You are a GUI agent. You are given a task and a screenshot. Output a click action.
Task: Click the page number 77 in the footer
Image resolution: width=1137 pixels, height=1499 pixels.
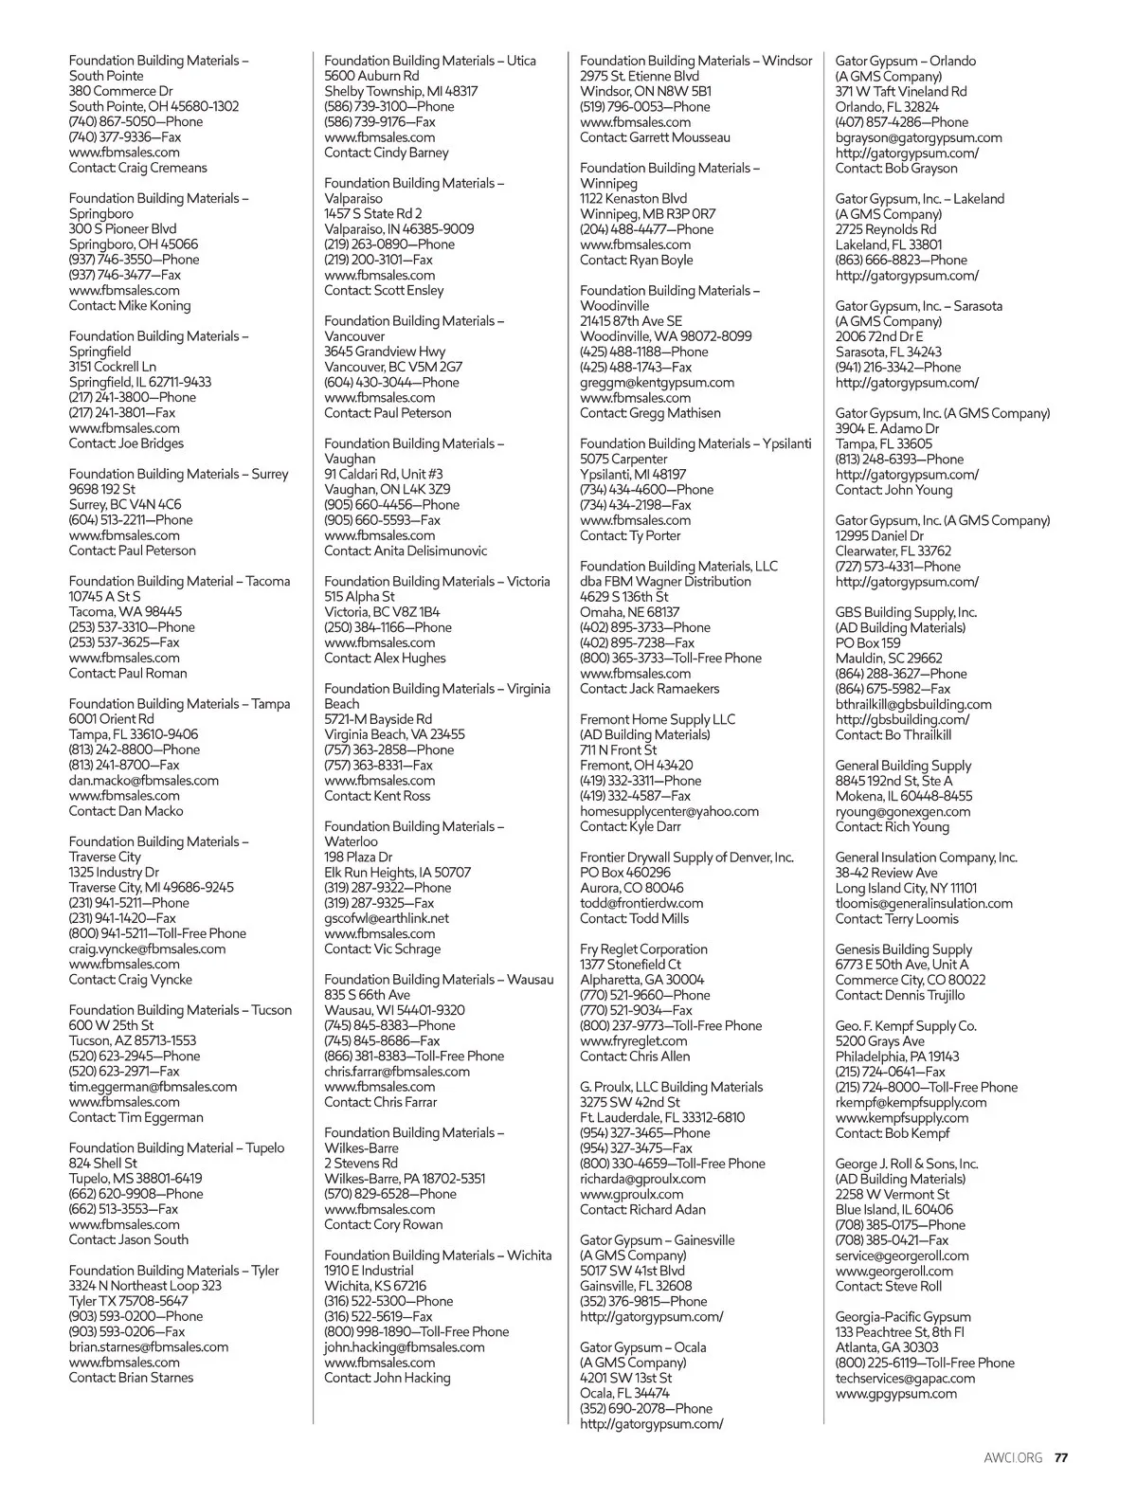[x=1062, y=1457]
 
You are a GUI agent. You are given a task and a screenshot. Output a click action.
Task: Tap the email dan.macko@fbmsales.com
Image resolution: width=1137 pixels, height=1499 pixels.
[x=144, y=781]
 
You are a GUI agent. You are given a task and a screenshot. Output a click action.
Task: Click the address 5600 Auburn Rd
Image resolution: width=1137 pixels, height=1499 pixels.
[x=371, y=76]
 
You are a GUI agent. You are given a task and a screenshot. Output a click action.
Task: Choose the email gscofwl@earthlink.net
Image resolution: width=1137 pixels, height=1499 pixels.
[x=387, y=918]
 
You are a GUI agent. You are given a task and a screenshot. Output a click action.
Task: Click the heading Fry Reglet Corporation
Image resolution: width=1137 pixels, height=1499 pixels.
[x=643, y=948]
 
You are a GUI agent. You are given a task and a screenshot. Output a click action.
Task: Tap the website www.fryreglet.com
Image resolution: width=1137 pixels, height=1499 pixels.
[x=634, y=1040]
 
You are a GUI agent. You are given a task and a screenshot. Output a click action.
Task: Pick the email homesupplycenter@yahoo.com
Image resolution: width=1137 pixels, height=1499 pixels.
[x=669, y=811]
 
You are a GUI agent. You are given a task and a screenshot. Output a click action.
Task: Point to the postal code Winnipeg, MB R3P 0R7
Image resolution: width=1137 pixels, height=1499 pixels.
[x=648, y=214]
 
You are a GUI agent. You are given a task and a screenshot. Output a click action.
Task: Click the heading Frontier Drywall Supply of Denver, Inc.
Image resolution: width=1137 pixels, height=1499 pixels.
[x=687, y=857]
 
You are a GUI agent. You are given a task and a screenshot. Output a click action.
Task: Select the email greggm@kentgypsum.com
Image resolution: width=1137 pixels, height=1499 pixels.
[x=657, y=383]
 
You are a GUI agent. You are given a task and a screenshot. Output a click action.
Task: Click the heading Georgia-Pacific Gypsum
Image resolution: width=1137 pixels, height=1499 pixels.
[x=903, y=1316]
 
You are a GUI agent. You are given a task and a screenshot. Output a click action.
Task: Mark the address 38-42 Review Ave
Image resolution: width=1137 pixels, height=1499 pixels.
[x=886, y=873]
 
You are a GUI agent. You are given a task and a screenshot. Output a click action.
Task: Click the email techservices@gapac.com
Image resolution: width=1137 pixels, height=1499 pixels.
[x=905, y=1378]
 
